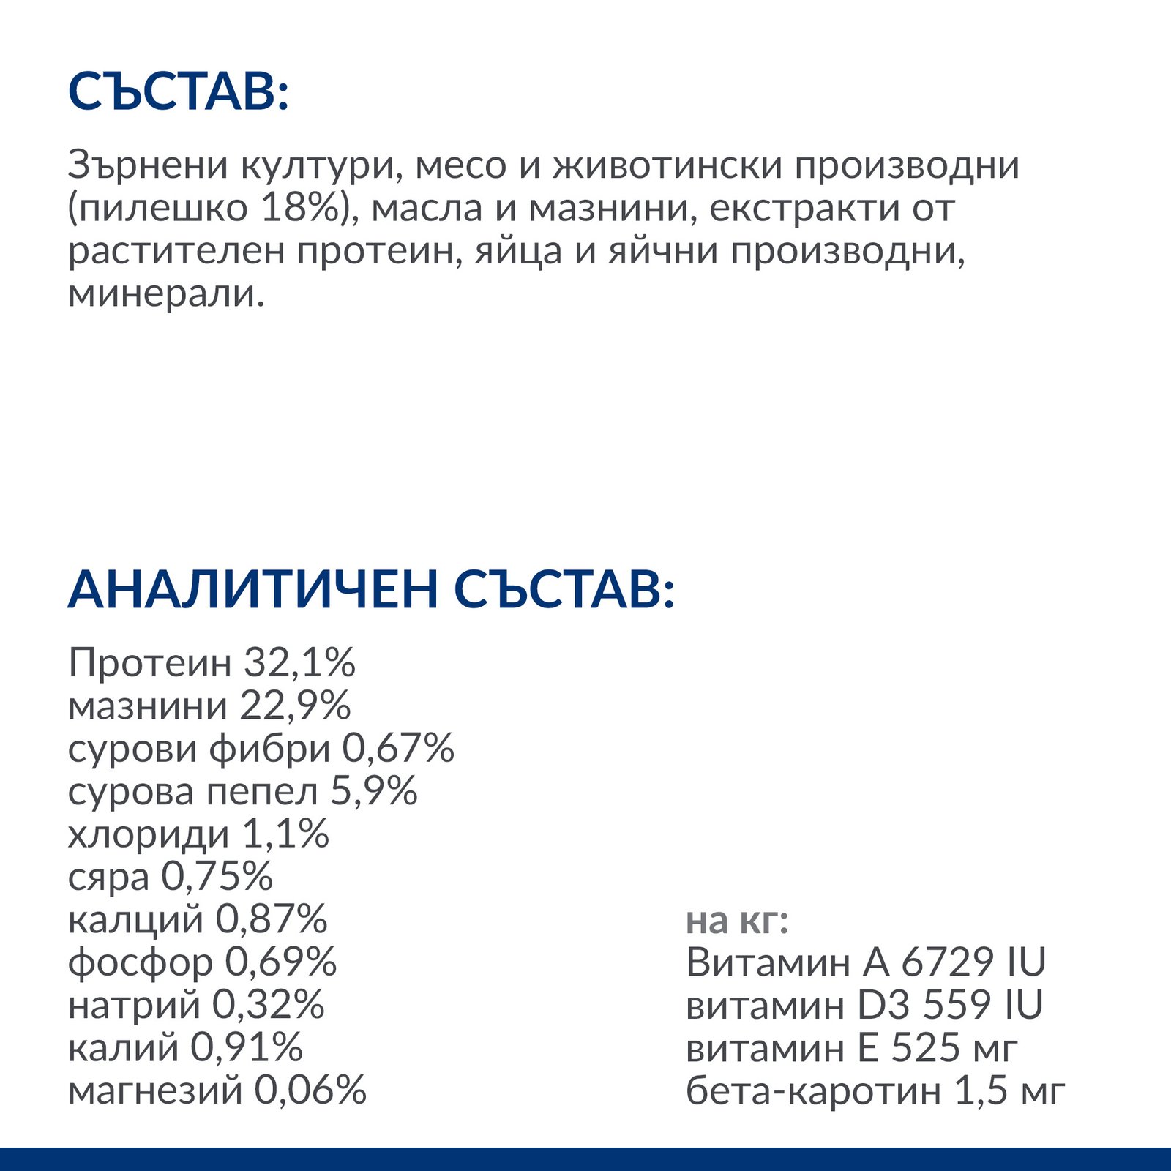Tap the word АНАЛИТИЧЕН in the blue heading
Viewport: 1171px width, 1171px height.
pyautogui.click(x=252, y=589)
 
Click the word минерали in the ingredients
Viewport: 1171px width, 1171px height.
pyautogui.click(x=161, y=294)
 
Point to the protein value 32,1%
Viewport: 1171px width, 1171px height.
pyautogui.click(x=299, y=663)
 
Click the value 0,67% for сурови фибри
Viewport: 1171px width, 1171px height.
pyautogui.click(x=398, y=749)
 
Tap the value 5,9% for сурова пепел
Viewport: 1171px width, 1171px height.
pyautogui.click(x=374, y=792)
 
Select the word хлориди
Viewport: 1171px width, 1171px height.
pyautogui.click(x=149, y=835)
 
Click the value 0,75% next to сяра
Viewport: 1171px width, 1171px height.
pyautogui.click(x=217, y=877)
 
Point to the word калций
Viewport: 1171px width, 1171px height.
pyautogui.click(x=135, y=920)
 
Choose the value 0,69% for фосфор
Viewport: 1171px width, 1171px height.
pyautogui.click(x=280, y=962)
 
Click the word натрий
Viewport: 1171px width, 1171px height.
pyautogui.click(x=134, y=1006)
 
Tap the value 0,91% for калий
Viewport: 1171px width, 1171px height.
pyautogui.click(x=247, y=1048)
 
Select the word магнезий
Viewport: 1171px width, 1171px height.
pyautogui.click(x=154, y=1091)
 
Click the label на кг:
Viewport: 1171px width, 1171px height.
pyautogui.click(x=737, y=921)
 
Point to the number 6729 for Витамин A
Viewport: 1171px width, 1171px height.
pyautogui.click(x=947, y=962)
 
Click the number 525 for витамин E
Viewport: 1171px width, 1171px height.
pyautogui.click(x=925, y=1048)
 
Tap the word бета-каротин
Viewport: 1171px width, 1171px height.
pyautogui.click(x=813, y=1091)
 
